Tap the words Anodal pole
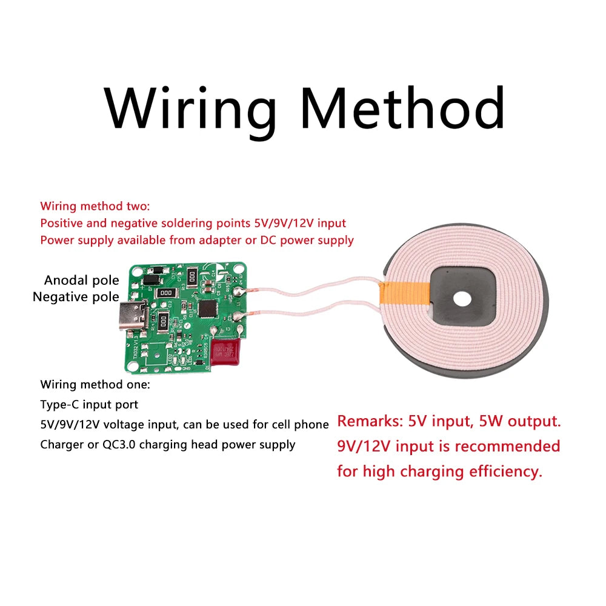(x=81, y=281)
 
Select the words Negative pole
(x=76, y=297)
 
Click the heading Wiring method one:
(x=95, y=384)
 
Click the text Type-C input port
(x=89, y=404)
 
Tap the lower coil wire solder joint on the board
(x=241, y=314)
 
